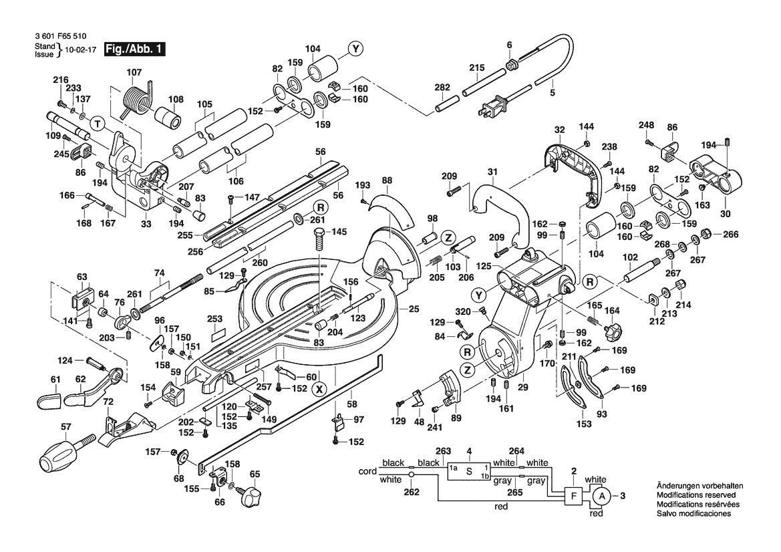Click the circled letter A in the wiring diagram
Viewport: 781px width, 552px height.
[x=601, y=495]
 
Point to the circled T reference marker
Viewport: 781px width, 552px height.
[x=98, y=124]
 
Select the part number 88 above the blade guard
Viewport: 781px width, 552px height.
[x=387, y=180]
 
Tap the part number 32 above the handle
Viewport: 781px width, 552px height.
[x=559, y=129]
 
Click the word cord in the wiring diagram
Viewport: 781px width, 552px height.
[x=367, y=471]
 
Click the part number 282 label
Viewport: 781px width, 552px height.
[x=442, y=88]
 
